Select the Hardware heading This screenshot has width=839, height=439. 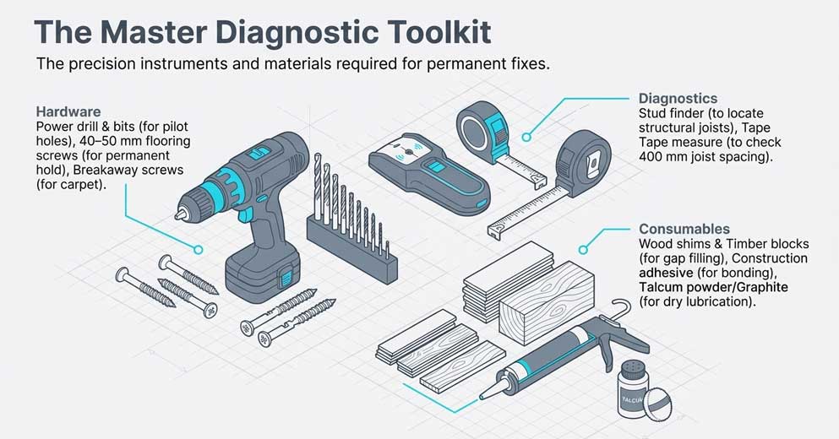[x=68, y=111]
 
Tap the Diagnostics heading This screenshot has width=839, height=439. [x=678, y=99]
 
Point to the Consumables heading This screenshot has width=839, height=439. [x=684, y=229]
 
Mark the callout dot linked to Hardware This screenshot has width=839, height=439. [x=199, y=249]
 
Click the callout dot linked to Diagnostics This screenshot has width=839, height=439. [x=527, y=136]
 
